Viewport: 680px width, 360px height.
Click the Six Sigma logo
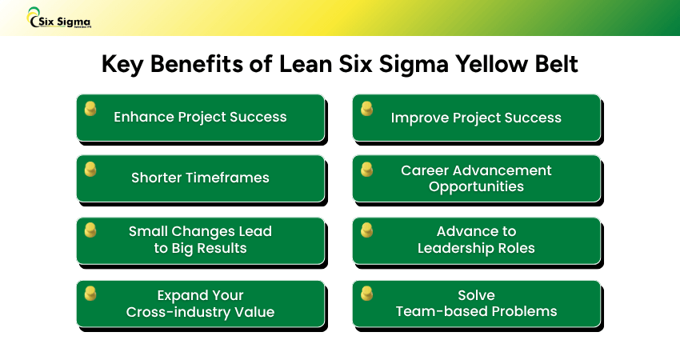click(x=59, y=18)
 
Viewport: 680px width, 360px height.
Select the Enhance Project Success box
click(x=200, y=117)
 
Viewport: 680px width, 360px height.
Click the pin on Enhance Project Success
click(x=90, y=108)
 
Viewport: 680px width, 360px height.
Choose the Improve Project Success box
click(x=476, y=118)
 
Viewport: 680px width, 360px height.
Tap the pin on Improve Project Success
click(x=366, y=108)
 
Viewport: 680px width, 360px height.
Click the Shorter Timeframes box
click(x=200, y=178)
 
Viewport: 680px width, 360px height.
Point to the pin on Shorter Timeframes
click(x=90, y=169)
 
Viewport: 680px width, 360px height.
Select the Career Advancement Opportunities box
click(x=476, y=178)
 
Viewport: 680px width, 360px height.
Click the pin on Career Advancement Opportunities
click(x=366, y=169)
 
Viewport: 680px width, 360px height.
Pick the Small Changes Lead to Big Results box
click(x=200, y=240)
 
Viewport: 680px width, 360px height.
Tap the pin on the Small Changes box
click(x=90, y=230)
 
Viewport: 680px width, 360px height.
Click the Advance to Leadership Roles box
click(x=476, y=240)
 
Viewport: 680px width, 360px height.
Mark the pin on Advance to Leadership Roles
click(x=366, y=230)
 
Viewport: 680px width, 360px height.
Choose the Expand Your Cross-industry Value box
click(x=200, y=303)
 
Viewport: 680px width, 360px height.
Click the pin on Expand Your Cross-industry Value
click(x=90, y=293)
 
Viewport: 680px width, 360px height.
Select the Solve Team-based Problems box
click(x=476, y=303)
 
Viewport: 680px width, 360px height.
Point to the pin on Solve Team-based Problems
click(x=366, y=293)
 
